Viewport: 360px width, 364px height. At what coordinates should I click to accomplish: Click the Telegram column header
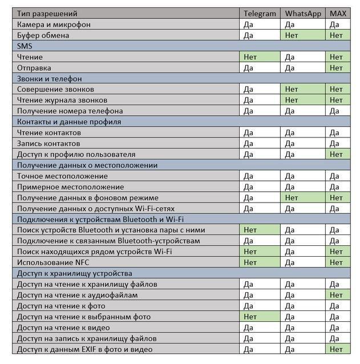260,14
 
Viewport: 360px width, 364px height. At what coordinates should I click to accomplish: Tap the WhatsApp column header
304,14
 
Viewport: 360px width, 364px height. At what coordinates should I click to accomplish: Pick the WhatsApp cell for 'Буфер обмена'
304,35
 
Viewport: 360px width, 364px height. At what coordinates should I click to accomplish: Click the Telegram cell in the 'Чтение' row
260,57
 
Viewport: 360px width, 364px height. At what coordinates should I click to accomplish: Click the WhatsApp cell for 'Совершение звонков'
304,90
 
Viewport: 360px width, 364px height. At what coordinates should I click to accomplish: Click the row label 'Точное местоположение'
62,176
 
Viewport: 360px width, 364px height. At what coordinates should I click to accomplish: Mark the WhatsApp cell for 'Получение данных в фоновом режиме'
304,197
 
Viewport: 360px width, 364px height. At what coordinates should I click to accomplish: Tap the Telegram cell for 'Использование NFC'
260,262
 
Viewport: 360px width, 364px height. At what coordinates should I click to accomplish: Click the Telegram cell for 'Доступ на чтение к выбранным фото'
260,317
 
